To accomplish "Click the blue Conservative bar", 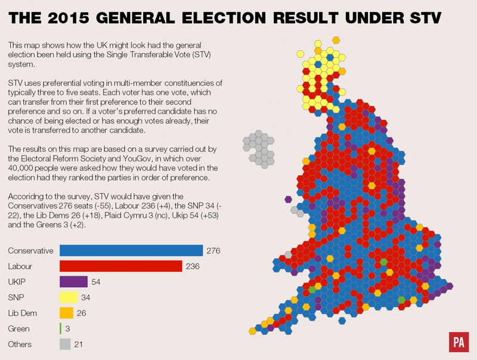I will (131, 250).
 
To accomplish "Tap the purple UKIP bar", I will (74, 281).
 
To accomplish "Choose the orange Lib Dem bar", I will (66, 312).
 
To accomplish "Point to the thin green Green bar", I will (61, 328).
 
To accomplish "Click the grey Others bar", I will (65, 344).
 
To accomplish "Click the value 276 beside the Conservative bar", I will (213, 250).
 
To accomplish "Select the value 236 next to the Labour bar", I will (192, 266).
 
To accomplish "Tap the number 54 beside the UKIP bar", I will (97, 281).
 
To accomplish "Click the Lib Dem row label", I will (24, 312).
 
